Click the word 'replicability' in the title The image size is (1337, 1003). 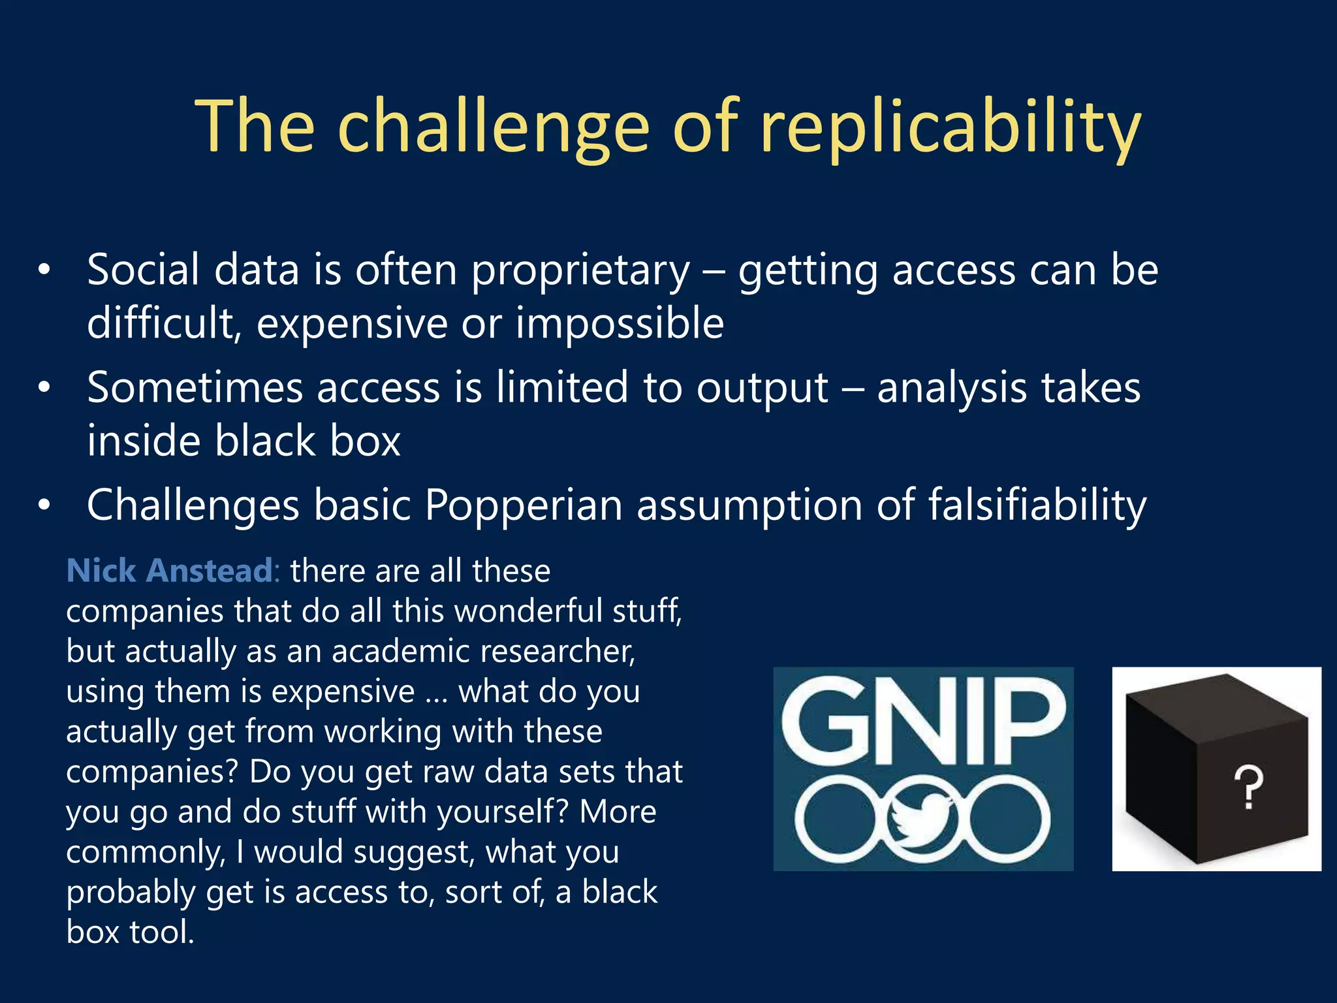tap(951, 127)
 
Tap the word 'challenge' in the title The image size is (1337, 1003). tap(494, 127)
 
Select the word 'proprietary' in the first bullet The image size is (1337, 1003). tap(580, 270)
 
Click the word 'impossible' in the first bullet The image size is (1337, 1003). tap(620, 324)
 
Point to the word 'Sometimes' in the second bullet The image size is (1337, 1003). tap(195, 388)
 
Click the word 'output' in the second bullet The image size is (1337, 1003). tap(762, 388)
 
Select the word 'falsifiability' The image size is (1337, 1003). tap(1037, 505)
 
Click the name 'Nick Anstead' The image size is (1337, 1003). tap(170, 571)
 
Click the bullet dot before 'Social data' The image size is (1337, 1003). tap(44, 270)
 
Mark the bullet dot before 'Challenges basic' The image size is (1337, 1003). tap(44, 505)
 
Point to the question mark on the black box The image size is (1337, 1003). tap(1248, 788)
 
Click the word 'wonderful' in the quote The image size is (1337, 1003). tap(507, 612)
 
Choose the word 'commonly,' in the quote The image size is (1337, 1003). tap(146, 853)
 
